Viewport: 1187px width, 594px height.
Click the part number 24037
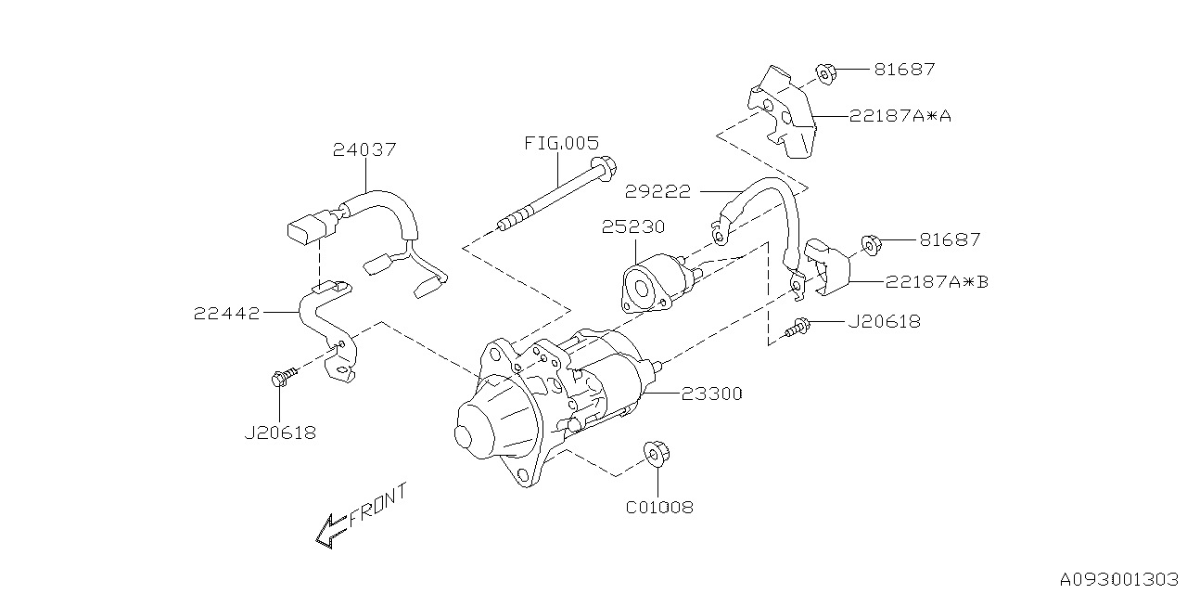pos(364,149)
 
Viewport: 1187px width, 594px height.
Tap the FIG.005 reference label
pos(562,143)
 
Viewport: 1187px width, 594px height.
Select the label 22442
pos(227,314)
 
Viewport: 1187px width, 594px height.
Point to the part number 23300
pos(711,394)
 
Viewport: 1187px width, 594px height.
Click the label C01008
pos(659,508)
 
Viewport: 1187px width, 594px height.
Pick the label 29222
pos(658,191)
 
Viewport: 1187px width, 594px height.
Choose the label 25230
pos(633,227)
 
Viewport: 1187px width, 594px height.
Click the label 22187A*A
pos(900,116)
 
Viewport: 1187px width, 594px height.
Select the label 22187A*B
pos(937,281)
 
